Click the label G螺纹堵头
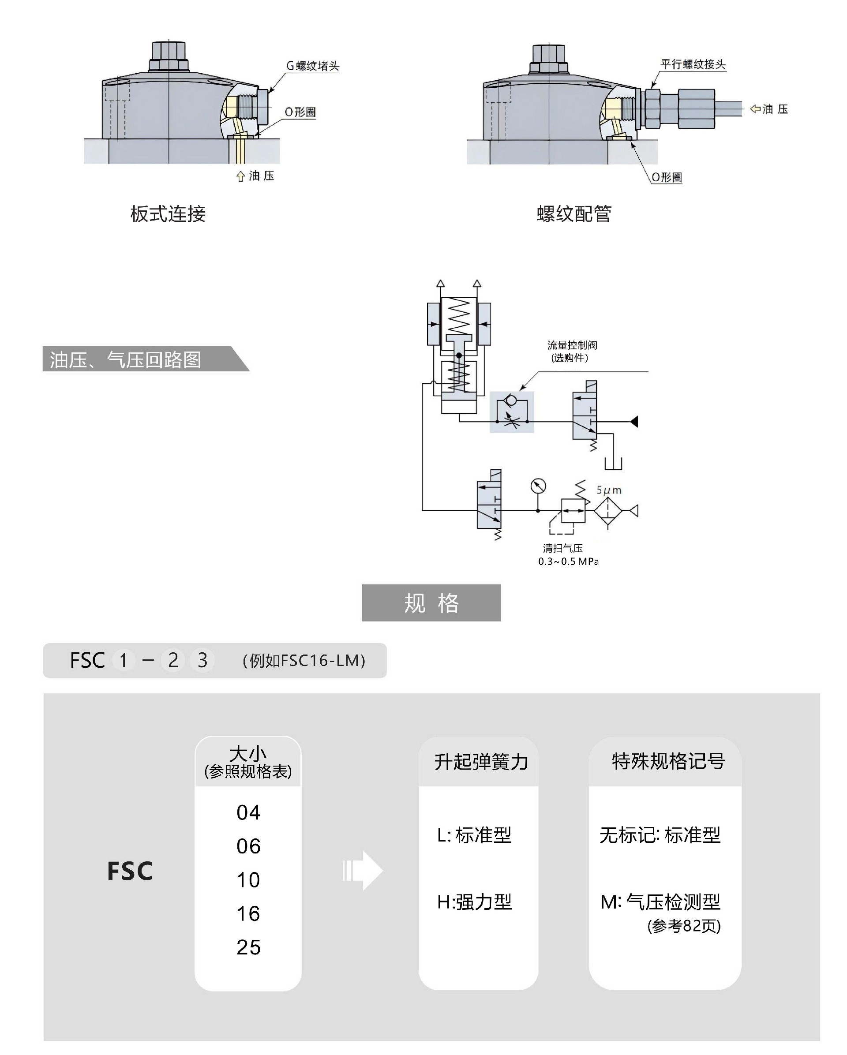click(312, 66)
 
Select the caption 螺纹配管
click(574, 214)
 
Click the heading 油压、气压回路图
click(125, 359)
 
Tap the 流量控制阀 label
click(572, 345)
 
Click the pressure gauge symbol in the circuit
click(538, 486)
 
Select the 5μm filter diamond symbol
click(608, 511)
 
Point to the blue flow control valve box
click(512, 412)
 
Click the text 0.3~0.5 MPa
click(568, 561)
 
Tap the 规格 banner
click(431, 603)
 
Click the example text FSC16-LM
click(304, 661)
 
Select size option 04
click(248, 813)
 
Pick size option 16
click(248, 913)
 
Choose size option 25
click(248, 947)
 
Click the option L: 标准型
click(474, 835)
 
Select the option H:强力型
click(474, 902)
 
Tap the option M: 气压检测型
click(660, 902)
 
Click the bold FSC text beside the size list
click(130, 872)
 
